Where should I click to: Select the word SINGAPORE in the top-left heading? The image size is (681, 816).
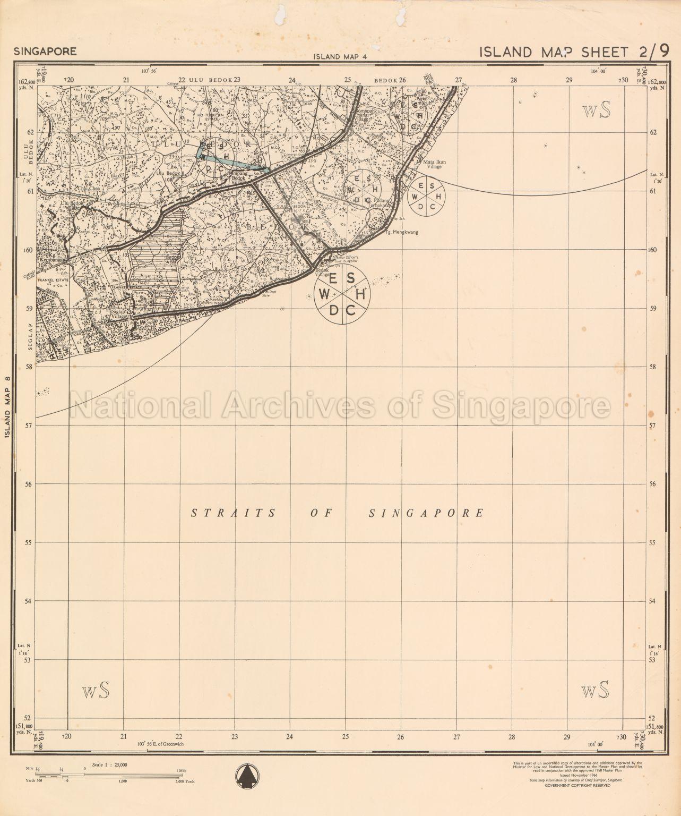(x=46, y=52)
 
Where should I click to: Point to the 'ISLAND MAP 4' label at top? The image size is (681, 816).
(x=340, y=56)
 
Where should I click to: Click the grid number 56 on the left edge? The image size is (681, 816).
(x=30, y=484)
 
